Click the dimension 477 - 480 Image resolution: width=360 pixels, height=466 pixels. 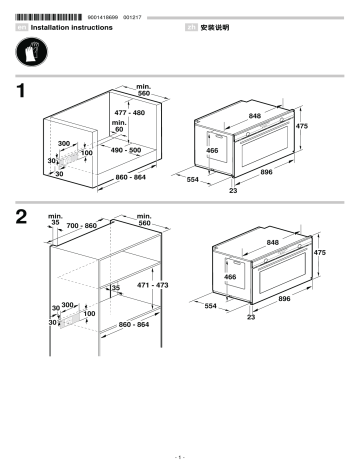coord(130,113)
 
